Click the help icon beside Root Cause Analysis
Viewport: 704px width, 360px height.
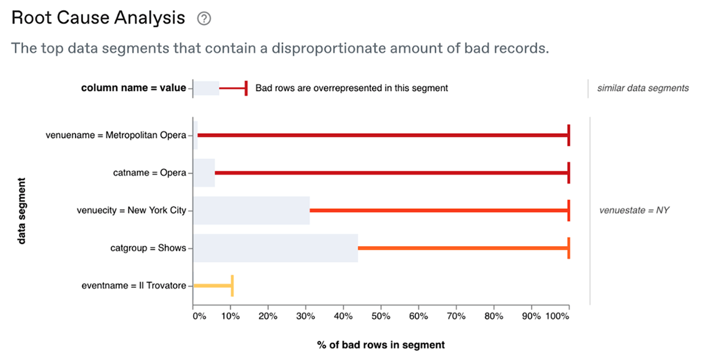click(204, 19)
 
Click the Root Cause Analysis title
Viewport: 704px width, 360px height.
click(98, 18)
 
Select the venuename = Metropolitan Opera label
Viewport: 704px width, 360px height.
click(116, 135)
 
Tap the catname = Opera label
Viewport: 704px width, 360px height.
click(150, 173)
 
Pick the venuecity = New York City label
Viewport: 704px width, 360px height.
click(131, 210)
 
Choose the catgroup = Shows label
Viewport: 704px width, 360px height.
click(148, 248)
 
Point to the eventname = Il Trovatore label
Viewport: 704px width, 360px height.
click(134, 286)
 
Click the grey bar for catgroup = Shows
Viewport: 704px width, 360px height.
click(275, 248)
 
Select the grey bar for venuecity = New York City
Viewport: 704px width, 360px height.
click(251, 210)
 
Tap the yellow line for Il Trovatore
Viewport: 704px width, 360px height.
click(212, 286)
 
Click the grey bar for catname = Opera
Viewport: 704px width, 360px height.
click(204, 173)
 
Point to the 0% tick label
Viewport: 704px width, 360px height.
click(199, 317)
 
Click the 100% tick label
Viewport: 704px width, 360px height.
click(557, 317)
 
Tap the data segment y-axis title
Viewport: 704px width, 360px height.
click(21, 210)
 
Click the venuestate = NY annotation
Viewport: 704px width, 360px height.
click(634, 210)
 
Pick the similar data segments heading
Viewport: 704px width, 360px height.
click(642, 89)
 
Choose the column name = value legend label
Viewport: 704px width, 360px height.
click(133, 89)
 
